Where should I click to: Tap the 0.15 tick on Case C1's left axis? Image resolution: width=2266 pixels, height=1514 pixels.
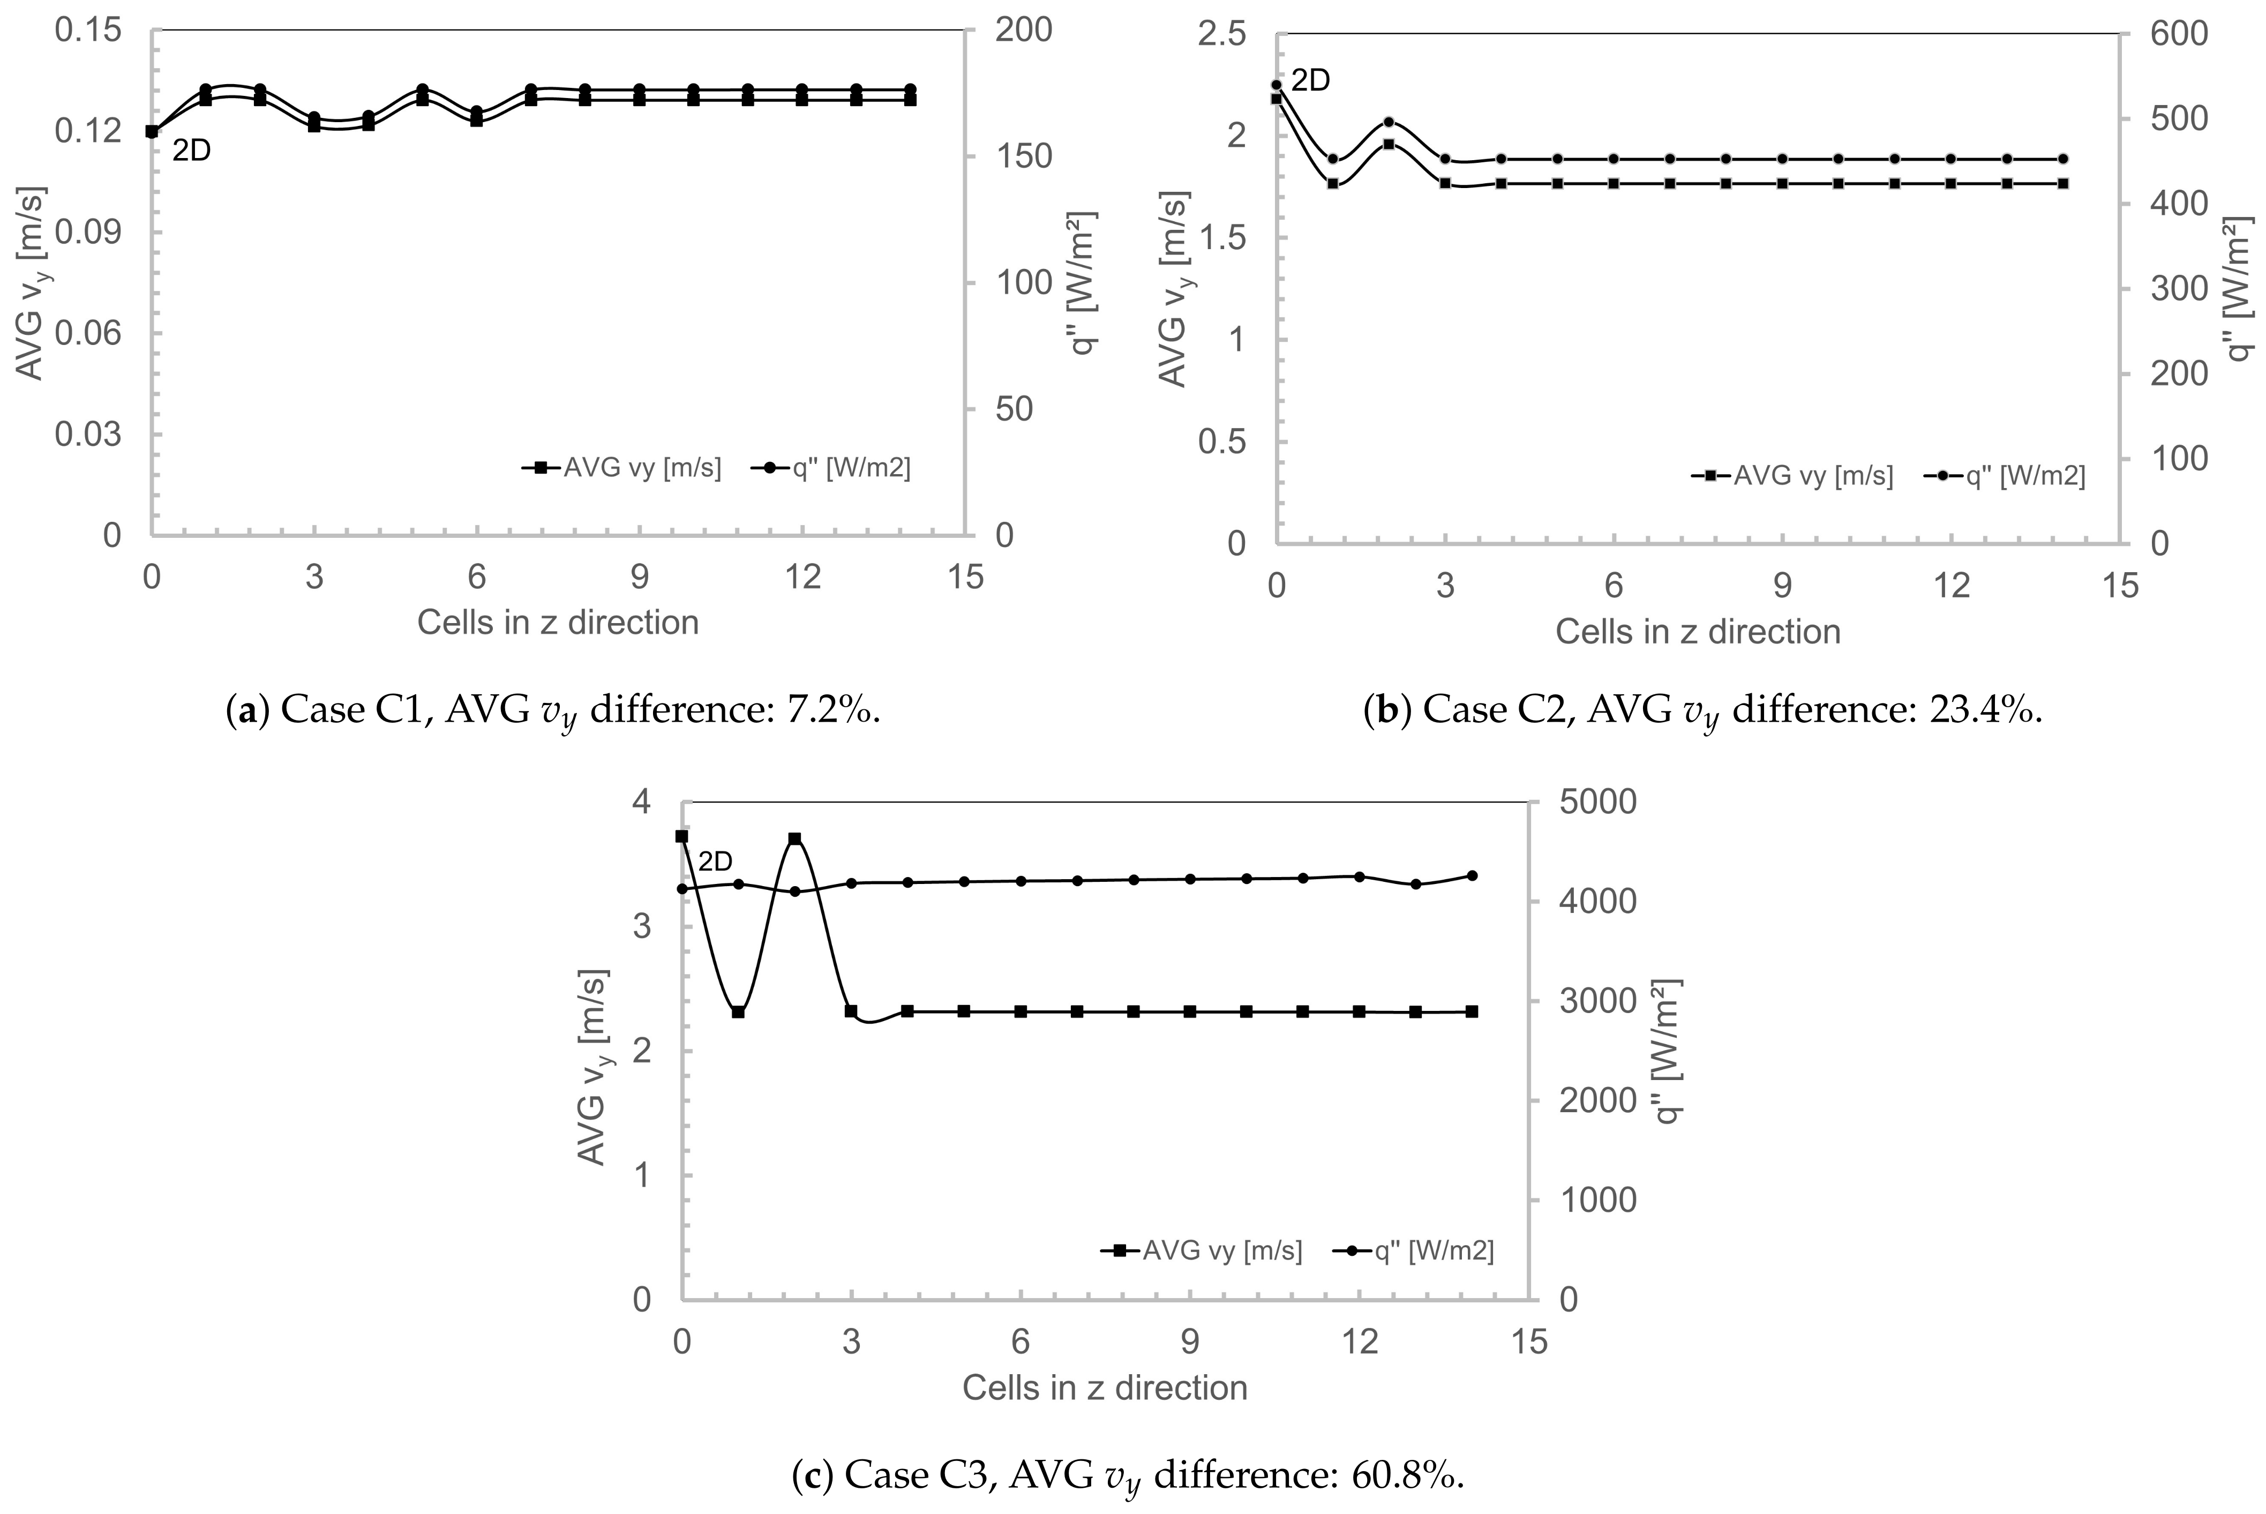tap(88, 31)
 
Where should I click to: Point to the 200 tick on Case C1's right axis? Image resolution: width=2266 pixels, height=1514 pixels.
tap(1024, 31)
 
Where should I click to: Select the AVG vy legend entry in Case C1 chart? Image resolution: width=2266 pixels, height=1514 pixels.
tap(622, 468)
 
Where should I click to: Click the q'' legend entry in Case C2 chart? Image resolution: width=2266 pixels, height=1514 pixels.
tap(2005, 476)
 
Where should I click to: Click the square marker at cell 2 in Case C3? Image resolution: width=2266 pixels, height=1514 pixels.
tap(794, 839)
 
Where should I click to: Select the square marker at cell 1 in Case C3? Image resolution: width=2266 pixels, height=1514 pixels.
tap(738, 1012)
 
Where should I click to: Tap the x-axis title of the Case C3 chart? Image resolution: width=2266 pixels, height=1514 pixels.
tap(1105, 1388)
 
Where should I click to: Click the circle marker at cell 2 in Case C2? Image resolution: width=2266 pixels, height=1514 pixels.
tap(1389, 122)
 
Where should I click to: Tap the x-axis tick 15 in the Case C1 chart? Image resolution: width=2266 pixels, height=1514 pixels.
tap(964, 578)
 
